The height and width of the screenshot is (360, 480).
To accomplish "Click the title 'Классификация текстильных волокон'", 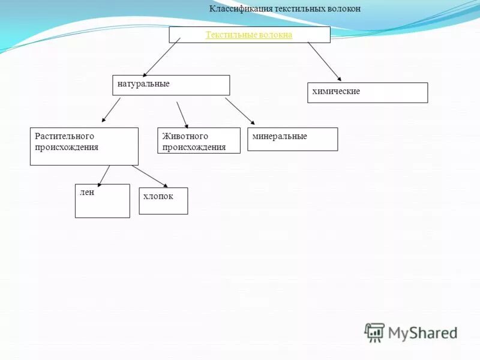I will pyautogui.click(x=285, y=9).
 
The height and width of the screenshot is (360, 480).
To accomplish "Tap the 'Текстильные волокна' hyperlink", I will pyautogui.click(x=249, y=35).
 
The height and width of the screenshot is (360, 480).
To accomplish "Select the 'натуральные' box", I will pyautogui.click(x=171, y=85).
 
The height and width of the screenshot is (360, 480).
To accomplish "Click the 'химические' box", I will pyautogui.click(x=367, y=92).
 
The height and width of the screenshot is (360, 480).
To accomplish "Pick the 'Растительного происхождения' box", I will pyautogui.click(x=84, y=146).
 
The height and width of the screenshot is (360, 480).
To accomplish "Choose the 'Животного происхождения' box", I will pyautogui.click(x=199, y=140).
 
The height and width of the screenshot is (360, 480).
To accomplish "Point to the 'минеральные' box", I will pyautogui.click(x=292, y=139).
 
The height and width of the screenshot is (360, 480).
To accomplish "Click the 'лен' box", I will pyautogui.click(x=102, y=200).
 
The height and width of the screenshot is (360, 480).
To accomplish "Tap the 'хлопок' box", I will pyautogui.click(x=163, y=200).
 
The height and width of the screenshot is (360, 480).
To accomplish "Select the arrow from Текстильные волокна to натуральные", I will pyautogui.click(x=162, y=56).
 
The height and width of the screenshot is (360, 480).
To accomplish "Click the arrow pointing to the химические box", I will pyautogui.click(x=324, y=61).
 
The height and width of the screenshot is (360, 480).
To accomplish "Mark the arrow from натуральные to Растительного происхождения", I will pyautogui.click(x=111, y=110).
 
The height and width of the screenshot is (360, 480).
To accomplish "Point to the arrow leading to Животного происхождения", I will pyautogui.click(x=182, y=114).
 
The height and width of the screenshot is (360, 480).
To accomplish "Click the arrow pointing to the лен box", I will pyautogui.click(x=103, y=175).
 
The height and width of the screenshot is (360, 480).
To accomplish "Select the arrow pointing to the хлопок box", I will pyautogui.click(x=151, y=176).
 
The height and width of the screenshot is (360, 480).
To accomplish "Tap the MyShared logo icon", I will pyautogui.click(x=375, y=332).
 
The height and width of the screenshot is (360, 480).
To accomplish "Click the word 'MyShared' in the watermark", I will pyautogui.click(x=422, y=332).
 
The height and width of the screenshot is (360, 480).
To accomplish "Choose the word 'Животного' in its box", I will pyautogui.click(x=185, y=136).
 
